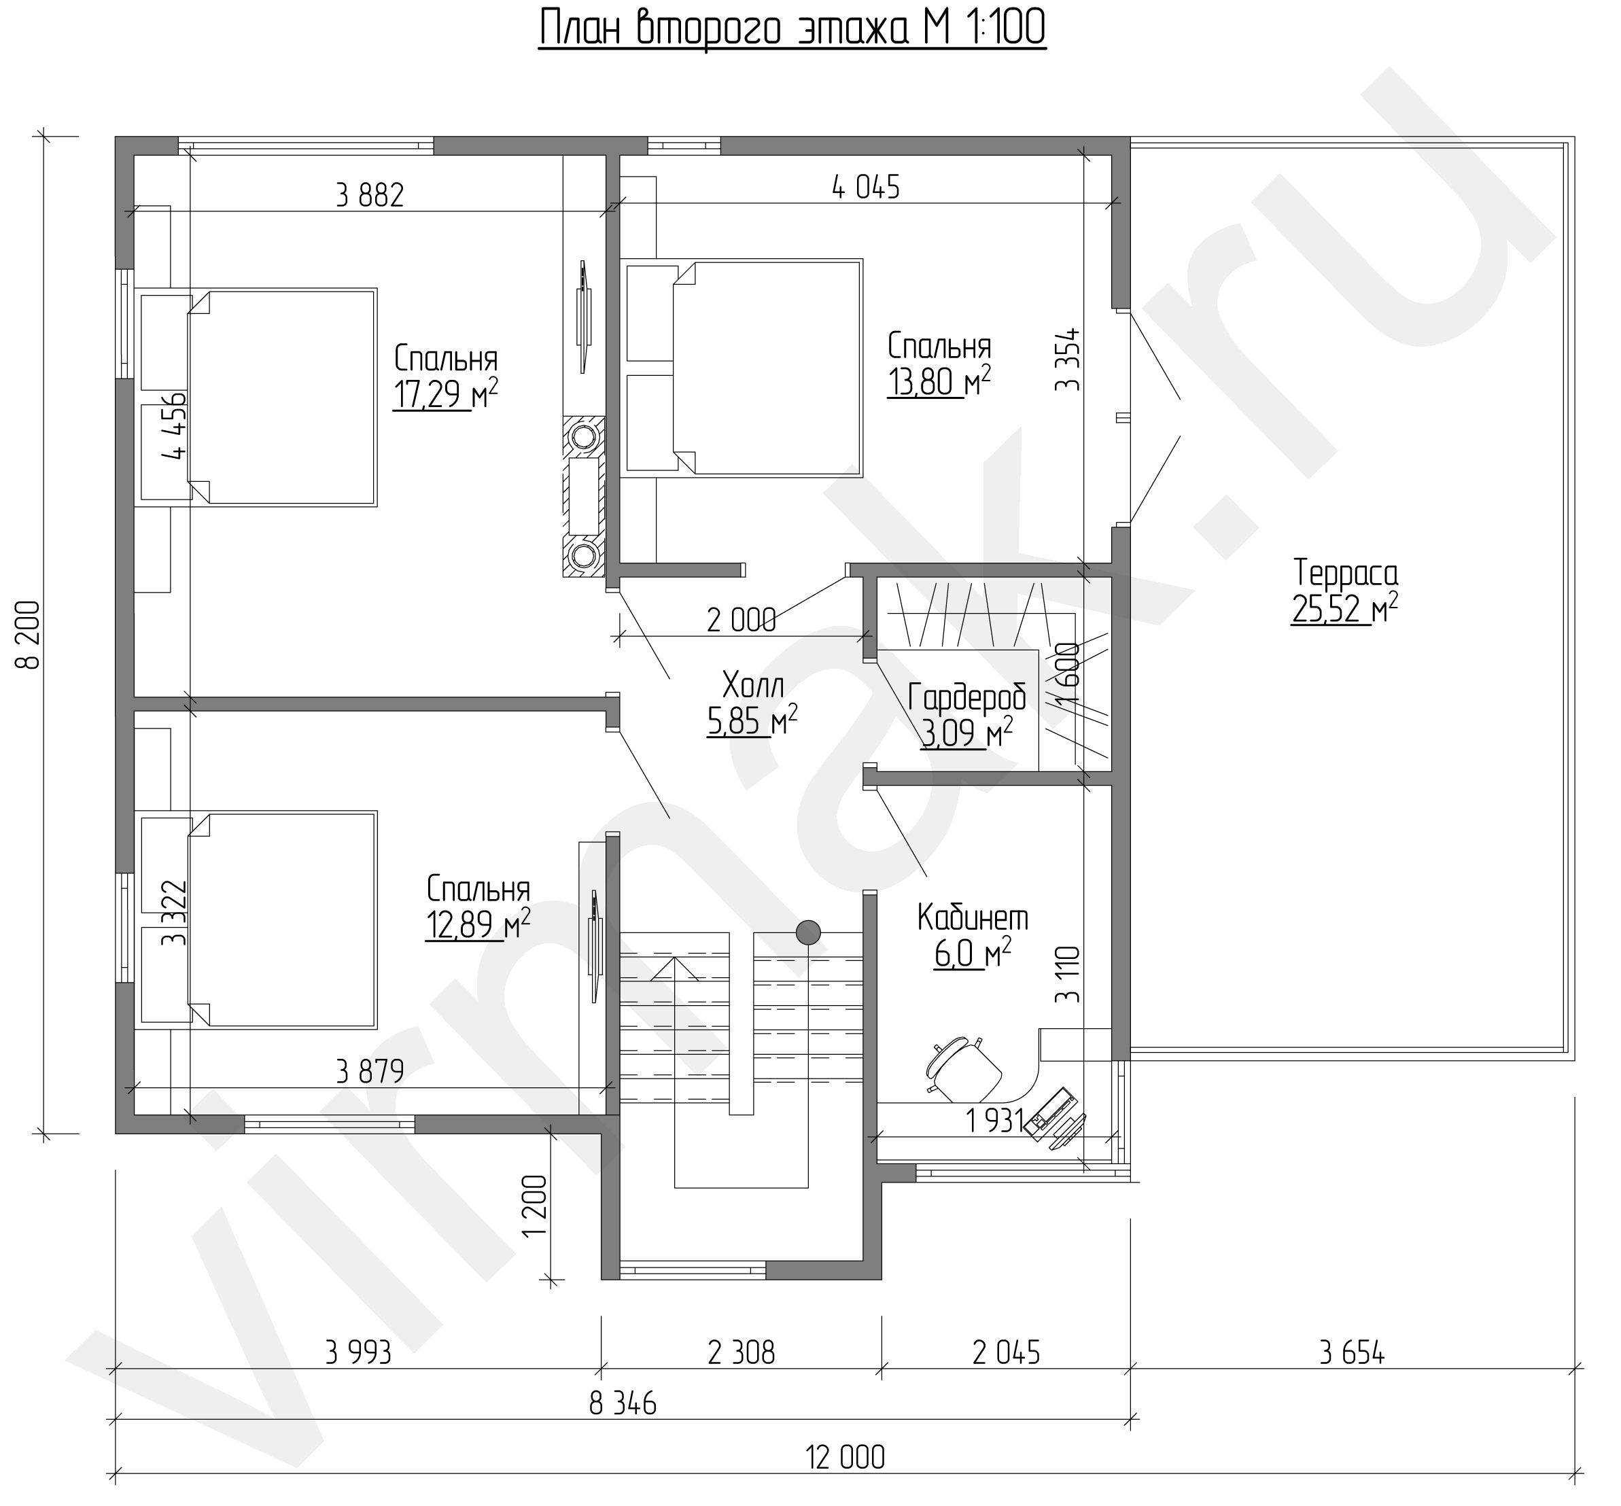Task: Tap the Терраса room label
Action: (1346, 573)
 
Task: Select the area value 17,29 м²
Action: (445, 394)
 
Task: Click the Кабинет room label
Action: (973, 918)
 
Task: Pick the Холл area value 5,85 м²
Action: (752, 720)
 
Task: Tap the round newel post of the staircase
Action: (807, 930)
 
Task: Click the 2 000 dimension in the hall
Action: (742, 621)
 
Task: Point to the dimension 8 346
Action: (623, 1403)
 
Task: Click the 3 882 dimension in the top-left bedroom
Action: (370, 196)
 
